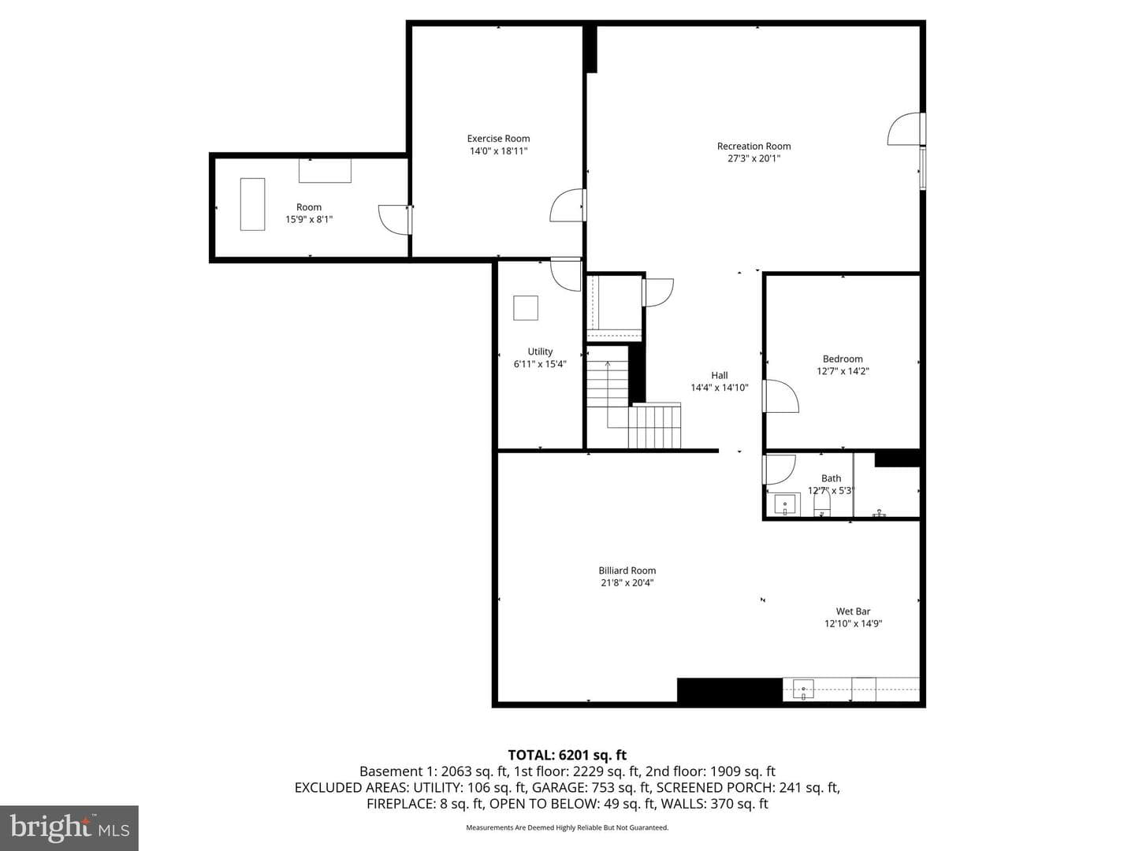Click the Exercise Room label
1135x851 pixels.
tap(498, 139)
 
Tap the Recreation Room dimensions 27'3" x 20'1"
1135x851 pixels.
tap(754, 158)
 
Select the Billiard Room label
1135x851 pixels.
tap(627, 570)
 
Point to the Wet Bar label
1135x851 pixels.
tap(853, 611)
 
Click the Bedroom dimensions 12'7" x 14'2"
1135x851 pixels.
tap(843, 371)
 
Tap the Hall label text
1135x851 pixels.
tap(720, 376)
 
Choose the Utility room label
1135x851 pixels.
tap(540, 351)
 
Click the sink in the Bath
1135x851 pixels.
tap(786, 504)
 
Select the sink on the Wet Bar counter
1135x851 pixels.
tap(802, 689)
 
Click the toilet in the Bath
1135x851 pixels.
tap(821, 504)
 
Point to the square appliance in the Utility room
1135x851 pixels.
tap(526, 308)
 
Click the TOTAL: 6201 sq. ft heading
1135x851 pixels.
tap(567, 755)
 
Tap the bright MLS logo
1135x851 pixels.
tap(69, 827)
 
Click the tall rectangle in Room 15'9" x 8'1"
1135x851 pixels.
tap(252, 204)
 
